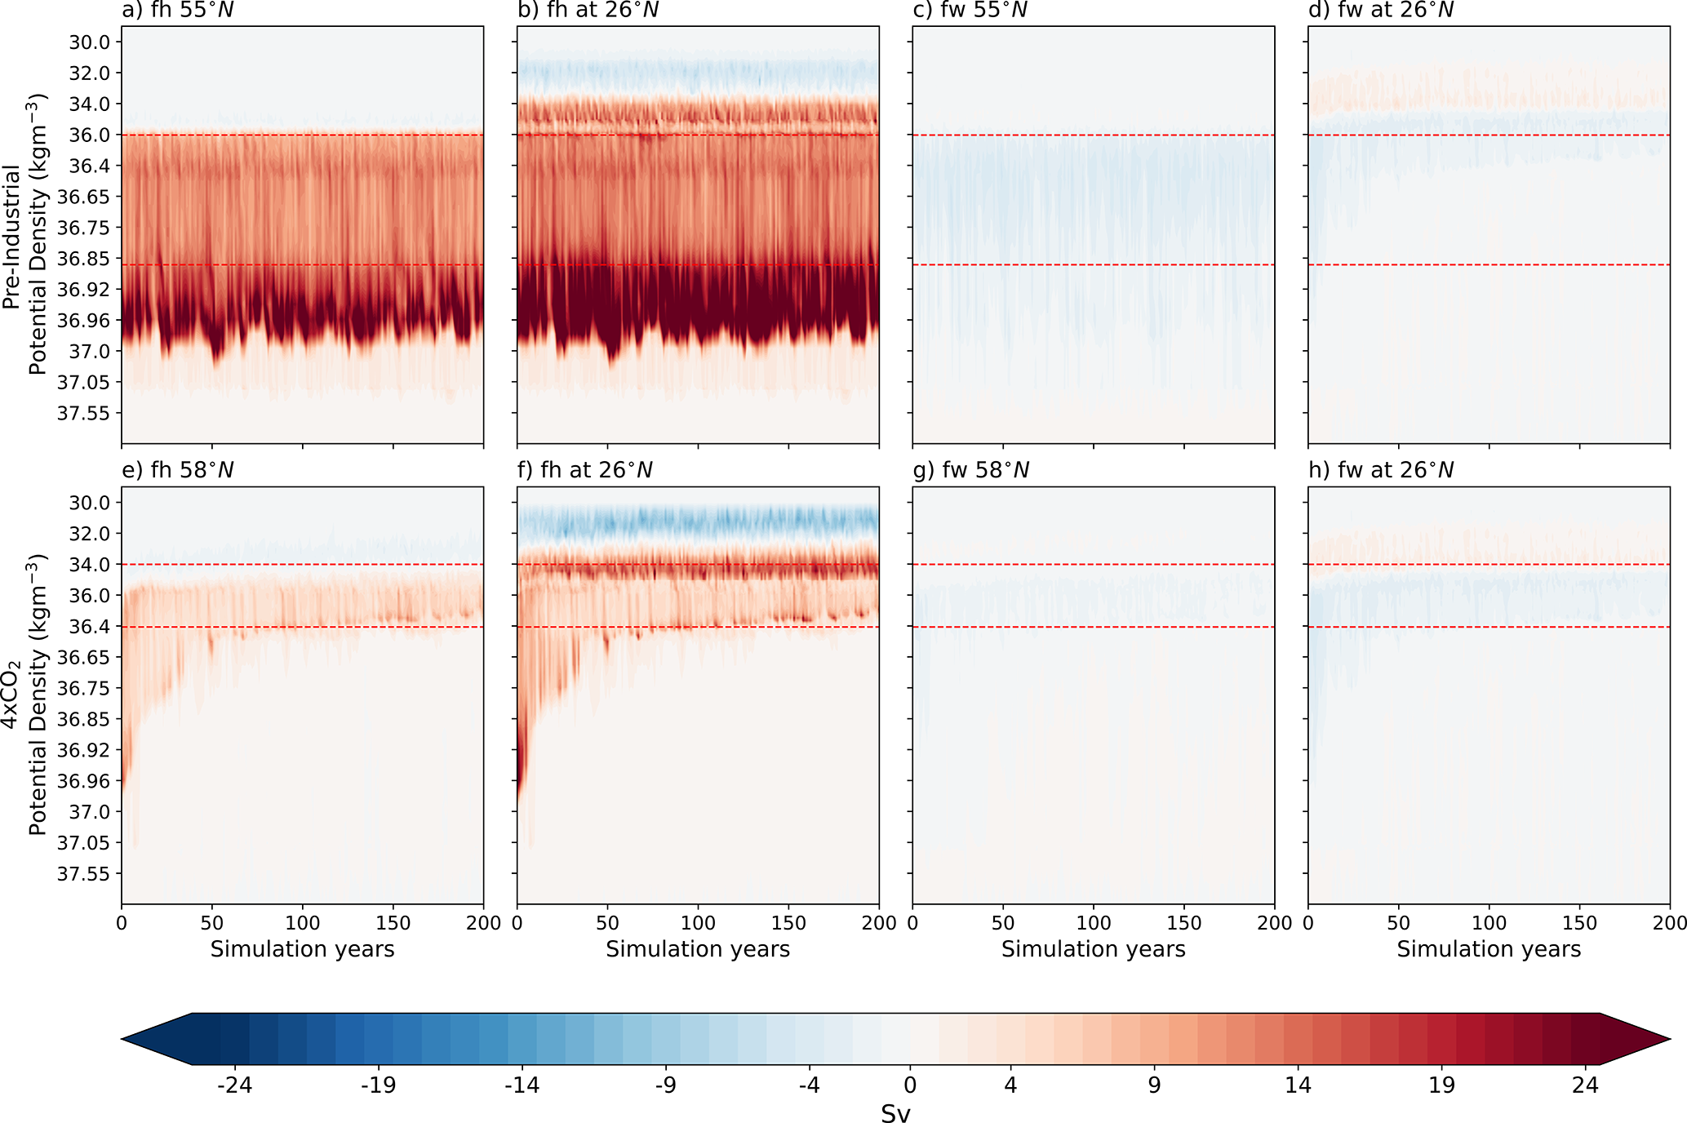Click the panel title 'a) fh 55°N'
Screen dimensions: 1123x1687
tap(178, 11)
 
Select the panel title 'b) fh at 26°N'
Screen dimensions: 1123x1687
tap(588, 11)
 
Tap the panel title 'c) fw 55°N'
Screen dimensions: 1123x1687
tap(970, 11)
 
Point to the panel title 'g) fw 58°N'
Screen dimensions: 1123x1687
tap(970, 470)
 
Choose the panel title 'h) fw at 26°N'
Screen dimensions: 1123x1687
tap(1381, 470)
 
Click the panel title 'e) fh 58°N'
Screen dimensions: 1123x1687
tap(178, 470)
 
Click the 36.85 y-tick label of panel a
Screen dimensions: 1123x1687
tap(82, 259)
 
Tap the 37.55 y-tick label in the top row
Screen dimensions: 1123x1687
tap(82, 413)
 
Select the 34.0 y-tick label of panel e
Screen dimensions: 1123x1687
tap(88, 565)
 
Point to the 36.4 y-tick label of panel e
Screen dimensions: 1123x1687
tap(88, 627)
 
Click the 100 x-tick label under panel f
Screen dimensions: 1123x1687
tap(698, 923)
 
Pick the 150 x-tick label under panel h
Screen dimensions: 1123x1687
tap(1579, 923)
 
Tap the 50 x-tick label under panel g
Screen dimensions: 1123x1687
tap(1003, 923)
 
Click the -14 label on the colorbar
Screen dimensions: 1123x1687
tap(522, 1085)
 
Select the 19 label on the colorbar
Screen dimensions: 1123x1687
tap(1441, 1085)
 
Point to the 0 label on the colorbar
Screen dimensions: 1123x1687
tap(910, 1085)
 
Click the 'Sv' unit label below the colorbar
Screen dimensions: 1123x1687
tap(895, 1113)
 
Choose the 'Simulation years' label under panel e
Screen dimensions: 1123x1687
tap(302, 949)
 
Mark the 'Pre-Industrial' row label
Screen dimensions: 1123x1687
tap(11, 237)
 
